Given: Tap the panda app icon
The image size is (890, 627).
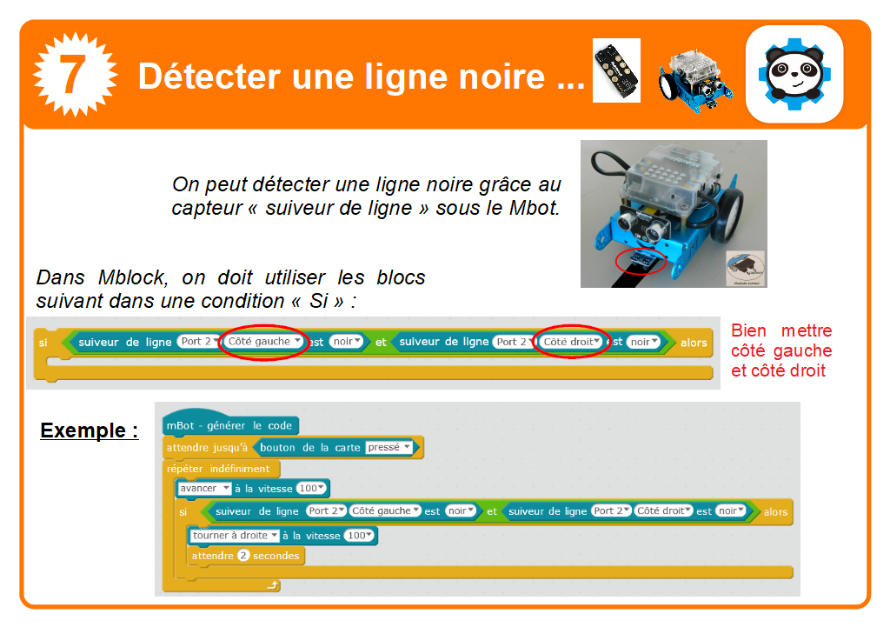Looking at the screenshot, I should [x=794, y=74].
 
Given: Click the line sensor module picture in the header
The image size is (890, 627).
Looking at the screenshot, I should [x=615, y=70].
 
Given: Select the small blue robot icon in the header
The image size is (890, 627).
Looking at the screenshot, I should [x=694, y=77].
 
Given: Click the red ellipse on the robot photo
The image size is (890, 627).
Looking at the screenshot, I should [x=641, y=261].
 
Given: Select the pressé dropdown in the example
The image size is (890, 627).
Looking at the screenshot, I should [x=389, y=448].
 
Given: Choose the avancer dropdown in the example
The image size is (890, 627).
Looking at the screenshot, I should [x=204, y=489].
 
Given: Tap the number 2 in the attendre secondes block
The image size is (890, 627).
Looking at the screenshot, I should [x=243, y=556].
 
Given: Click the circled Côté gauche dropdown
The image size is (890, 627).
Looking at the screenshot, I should [x=264, y=342].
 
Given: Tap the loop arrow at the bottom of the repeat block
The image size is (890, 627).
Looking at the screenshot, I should [x=273, y=586].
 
